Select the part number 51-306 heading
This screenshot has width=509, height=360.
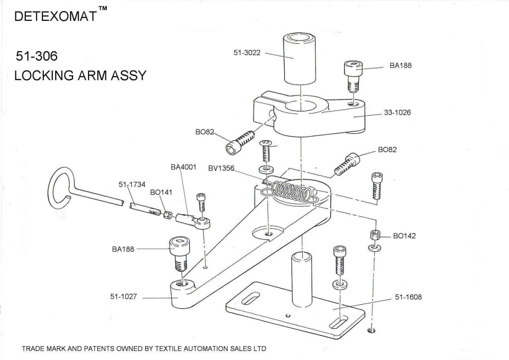click(x=37, y=56)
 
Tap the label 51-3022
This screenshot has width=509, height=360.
click(x=247, y=52)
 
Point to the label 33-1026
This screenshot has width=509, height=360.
click(x=397, y=112)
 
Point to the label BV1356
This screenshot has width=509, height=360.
click(x=221, y=168)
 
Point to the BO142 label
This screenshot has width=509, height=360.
click(x=404, y=236)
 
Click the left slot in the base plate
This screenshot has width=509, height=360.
click(x=249, y=299)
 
